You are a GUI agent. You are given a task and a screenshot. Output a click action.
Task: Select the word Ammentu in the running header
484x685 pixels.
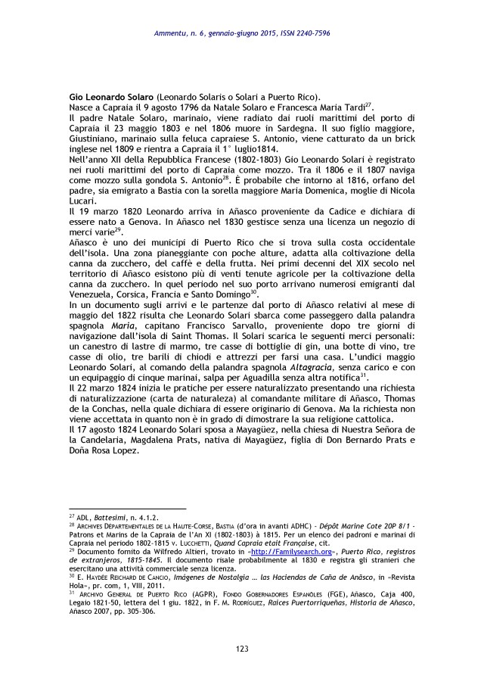169,33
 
